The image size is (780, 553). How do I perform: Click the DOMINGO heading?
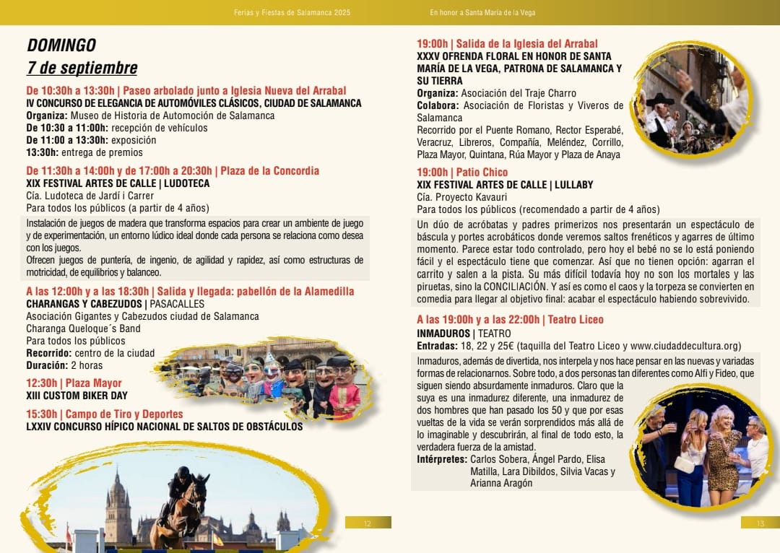pos(61,45)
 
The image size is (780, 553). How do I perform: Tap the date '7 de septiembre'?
pos(82,69)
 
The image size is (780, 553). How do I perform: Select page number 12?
pos(368,523)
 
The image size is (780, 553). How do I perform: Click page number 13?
pos(760,523)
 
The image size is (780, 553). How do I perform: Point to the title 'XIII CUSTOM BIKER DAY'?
pos(77,396)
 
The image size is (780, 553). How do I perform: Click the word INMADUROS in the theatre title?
pos(443,334)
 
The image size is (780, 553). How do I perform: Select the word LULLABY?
pos(571,185)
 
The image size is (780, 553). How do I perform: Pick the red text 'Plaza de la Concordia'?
pos(269,171)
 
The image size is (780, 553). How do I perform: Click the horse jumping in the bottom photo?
pos(181,505)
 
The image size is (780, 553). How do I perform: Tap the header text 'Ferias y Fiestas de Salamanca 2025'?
pos(292,12)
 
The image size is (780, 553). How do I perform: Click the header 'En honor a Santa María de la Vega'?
pos(482,12)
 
